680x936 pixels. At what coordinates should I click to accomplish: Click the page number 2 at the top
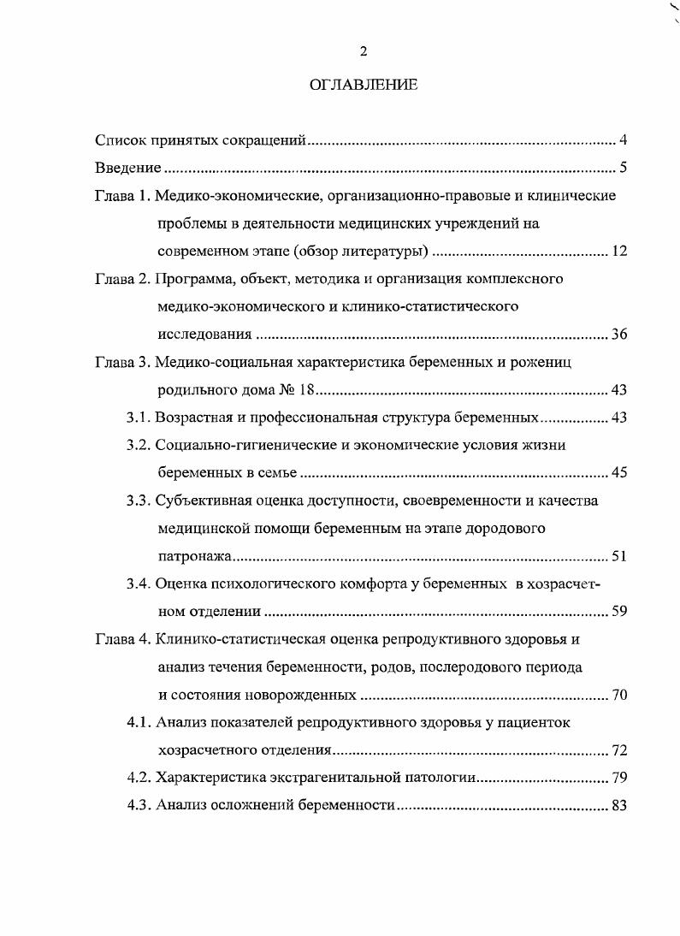click(363, 52)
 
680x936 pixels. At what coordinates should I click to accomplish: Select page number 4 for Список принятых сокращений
click(624, 139)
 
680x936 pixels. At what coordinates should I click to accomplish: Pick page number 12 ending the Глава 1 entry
click(620, 252)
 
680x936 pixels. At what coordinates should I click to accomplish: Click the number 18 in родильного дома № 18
click(308, 390)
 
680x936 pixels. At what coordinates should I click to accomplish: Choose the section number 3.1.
click(139, 418)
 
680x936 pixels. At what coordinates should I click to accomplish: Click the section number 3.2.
click(139, 445)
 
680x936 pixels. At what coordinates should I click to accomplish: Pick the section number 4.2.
click(139, 778)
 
